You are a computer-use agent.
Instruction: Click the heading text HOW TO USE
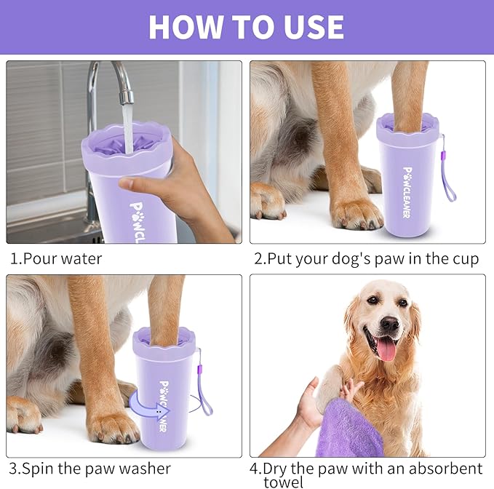247,27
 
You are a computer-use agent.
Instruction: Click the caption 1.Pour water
56,258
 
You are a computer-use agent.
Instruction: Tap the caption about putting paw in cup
367,259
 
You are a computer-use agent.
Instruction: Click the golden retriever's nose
390,323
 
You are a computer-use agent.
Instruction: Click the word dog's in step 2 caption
362,259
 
